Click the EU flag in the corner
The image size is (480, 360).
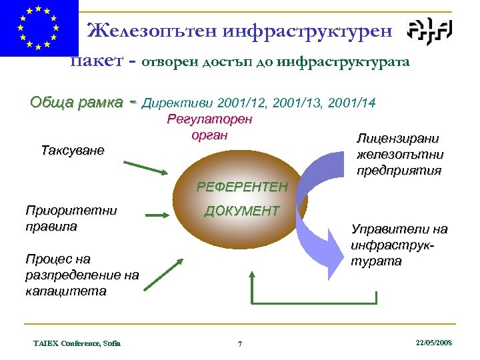pyautogui.click(x=38, y=28)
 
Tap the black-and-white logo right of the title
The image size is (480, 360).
pyautogui.click(x=430, y=31)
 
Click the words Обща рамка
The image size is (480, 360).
pyautogui.click(x=77, y=103)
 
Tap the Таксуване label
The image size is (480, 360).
pyautogui.click(x=73, y=150)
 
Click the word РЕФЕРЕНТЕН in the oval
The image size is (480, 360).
pyautogui.click(x=242, y=187)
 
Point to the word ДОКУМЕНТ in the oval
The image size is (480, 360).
pyautogui.click(x=242, y=211)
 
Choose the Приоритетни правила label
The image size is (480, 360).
pyautogui.click(x=71, y=218)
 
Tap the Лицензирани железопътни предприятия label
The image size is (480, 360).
pyautogui.click(x=400, y=155)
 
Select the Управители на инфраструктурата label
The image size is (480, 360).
pyautogui.click(x=399, y=245)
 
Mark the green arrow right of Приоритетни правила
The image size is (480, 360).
pyautogui.click(x=158, y=215)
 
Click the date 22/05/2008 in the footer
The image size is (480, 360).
pyautogui.click(x=433, y=342)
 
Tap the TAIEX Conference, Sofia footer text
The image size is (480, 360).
pyautogui.click(x=77, y=343)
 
